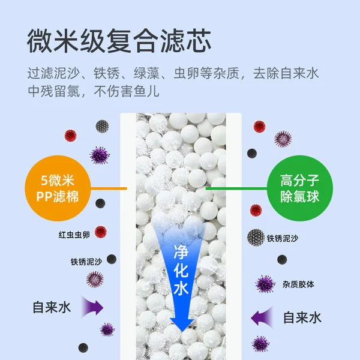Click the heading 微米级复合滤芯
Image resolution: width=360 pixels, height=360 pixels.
pos(119,41)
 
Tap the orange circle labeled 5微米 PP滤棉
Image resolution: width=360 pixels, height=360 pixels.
pos(58,188)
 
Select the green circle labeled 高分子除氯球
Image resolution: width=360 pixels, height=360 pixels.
pos(300,188)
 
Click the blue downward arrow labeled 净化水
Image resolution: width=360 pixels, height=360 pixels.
pos(181,275)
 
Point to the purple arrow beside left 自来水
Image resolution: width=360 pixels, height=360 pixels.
pos(93,307)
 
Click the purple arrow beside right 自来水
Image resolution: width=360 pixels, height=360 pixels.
pos(262,318)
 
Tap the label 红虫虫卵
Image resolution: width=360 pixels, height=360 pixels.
pos(74,235)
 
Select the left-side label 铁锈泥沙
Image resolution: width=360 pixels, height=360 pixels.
pos(86,262)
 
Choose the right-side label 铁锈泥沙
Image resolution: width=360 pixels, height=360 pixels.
pos(283,239)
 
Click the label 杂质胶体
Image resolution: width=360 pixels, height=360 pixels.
pos(298,284)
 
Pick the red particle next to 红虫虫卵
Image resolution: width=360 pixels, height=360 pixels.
pos(101,232)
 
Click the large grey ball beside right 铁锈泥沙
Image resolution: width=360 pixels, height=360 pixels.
pos(256,237)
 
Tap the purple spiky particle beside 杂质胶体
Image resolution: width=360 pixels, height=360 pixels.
pos(265,284)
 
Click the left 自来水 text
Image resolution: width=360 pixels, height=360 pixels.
pos(52,307)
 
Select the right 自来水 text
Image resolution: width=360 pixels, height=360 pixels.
pos(302,318)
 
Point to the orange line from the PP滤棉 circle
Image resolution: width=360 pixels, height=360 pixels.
pos(109,188)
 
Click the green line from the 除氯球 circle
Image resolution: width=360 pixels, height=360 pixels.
pos(236,188)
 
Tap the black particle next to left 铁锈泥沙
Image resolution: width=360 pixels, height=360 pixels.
pos(112,259)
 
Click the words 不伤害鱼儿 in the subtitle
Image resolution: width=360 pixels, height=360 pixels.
pos(126,91)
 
